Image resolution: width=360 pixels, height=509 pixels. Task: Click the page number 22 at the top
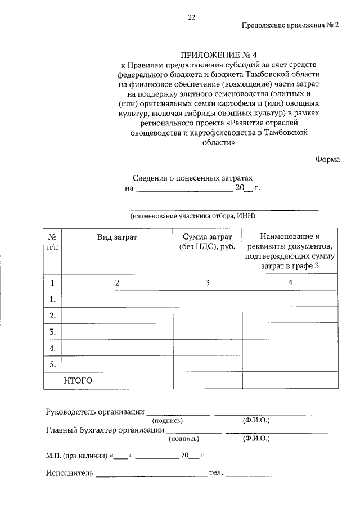coord(191,17)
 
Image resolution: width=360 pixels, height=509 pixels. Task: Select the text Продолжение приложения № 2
coord(291,25)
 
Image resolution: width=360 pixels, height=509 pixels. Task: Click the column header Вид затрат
coord(117,237)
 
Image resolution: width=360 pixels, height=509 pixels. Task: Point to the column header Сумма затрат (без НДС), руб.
coord(208,242)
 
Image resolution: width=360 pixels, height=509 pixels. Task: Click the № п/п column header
coord(52,242)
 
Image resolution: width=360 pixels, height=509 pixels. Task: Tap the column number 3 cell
coord(208,282)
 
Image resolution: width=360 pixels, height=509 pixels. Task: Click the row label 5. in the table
coord(52,364)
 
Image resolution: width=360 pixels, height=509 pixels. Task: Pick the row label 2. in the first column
coord(52,315)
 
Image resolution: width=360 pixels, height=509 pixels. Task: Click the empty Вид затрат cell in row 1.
coord(117,299)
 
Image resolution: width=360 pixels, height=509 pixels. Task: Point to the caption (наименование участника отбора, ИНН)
coord(193,216)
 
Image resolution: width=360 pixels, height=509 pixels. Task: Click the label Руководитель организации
coord(94,412)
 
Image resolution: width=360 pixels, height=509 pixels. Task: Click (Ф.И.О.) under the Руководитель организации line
coord(256,420)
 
